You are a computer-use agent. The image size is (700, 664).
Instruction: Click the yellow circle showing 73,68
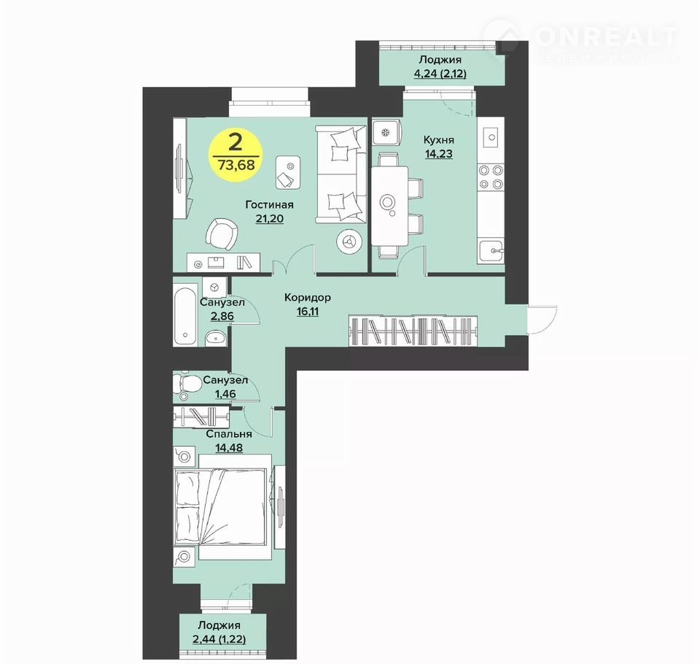(x=236, y=155)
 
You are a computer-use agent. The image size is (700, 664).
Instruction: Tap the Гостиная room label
(x=269, y=204)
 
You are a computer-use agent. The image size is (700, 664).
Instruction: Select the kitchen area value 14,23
(x=438, y=154)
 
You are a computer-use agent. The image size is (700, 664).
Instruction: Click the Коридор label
(x=308, y=297)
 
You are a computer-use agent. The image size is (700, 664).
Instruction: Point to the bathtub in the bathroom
(x=185, y=314)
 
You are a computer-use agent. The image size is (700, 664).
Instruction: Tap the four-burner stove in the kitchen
(x=491, y=177)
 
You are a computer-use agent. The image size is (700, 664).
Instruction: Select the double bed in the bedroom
(x=222, y=506)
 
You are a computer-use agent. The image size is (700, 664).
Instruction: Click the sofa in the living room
(x=341, y=174)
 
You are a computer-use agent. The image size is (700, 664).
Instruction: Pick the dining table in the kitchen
(x=389, y=205)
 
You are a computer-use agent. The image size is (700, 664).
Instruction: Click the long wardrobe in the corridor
(x=413, y=331)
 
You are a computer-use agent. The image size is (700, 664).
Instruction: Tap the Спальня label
(x=228, y=434)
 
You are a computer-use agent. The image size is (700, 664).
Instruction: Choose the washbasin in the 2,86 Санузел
(x=217, y=338)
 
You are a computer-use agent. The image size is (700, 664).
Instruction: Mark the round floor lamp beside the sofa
(x=349, y=242)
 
